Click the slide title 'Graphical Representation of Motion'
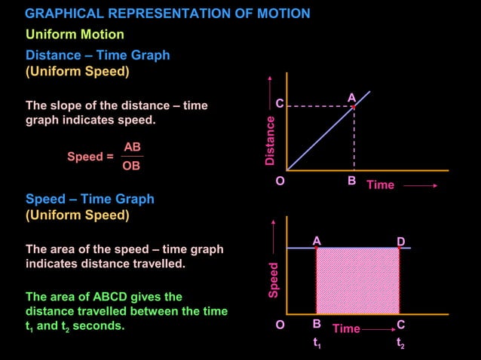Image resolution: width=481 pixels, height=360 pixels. tap(167, 14)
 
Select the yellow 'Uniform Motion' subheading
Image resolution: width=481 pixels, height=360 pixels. tap(75, 35)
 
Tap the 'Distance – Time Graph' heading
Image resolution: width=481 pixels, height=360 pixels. tap(97, 55)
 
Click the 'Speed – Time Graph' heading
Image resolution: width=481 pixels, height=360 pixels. tap(90, 199)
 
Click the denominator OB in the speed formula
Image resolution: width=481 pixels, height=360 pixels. tap(131, 166)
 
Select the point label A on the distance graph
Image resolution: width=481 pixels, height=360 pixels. tap(351, 98)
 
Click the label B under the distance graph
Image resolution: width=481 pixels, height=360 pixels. tap(351, 181)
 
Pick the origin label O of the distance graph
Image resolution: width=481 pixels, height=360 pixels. tap(280, 182)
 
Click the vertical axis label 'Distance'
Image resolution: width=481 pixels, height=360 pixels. tap(270, 140)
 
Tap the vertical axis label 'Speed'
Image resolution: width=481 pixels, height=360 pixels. tap(274, 279)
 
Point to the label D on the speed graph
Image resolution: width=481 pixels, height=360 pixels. tap(401, 241)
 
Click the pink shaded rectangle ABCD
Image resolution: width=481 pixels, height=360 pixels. tap(357, 280)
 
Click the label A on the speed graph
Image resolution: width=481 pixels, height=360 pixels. tap(317, 241)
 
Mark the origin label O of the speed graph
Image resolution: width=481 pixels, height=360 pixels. tap(280, 325)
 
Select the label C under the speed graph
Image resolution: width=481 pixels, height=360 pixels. tap(400, 325)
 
